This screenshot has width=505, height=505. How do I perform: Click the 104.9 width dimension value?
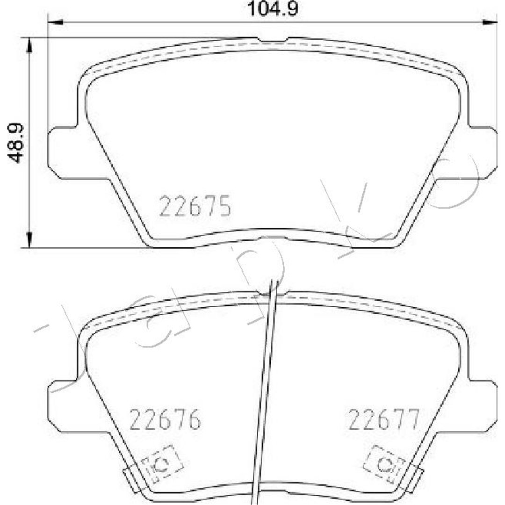tap(272, 9)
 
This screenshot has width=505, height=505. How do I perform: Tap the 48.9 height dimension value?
tap(15, 143)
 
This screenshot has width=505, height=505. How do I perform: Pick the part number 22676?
tap(165, 419)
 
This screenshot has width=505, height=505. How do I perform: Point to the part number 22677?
tap(384, 419)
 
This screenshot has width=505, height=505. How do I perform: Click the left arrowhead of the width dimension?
tap(55, 22)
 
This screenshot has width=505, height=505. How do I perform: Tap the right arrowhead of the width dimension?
tap(490, 22)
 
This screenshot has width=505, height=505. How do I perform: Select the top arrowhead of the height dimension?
tap(29, 45)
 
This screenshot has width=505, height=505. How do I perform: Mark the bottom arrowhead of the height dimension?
tap(29, 240)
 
